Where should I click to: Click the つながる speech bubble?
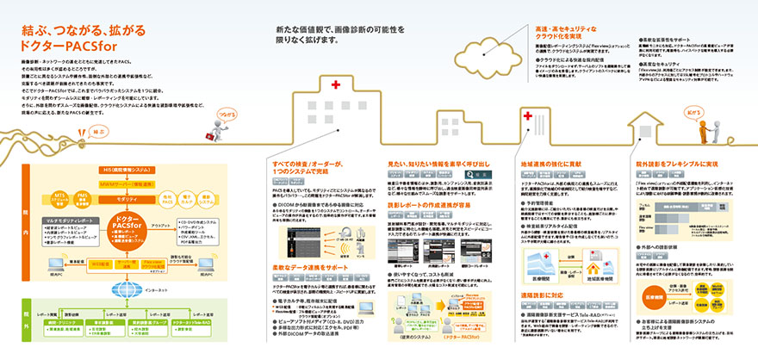click(x=227, y=112)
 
